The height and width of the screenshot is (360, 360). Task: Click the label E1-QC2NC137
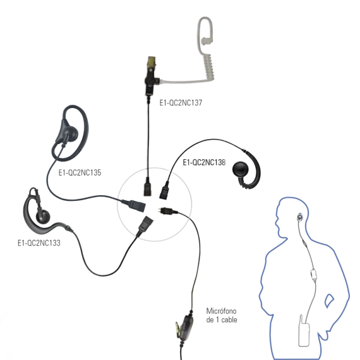point(181,102)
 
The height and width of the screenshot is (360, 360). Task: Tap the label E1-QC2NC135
point(80,172)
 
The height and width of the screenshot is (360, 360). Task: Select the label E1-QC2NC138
point(204,162)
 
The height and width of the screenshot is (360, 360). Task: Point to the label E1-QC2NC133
point(39,243)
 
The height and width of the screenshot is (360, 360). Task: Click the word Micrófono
point(221,311)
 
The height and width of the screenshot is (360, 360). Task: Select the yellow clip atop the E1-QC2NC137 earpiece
point(152,61)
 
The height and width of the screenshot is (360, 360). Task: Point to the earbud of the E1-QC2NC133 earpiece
point(42,217)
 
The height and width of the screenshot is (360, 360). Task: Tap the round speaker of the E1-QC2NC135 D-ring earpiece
point(71,134)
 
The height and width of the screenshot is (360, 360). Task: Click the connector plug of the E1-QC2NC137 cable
point(148,189)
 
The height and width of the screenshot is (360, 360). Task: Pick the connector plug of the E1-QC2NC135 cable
point(135,205)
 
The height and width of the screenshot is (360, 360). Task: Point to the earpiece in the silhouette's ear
point(299,217)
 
